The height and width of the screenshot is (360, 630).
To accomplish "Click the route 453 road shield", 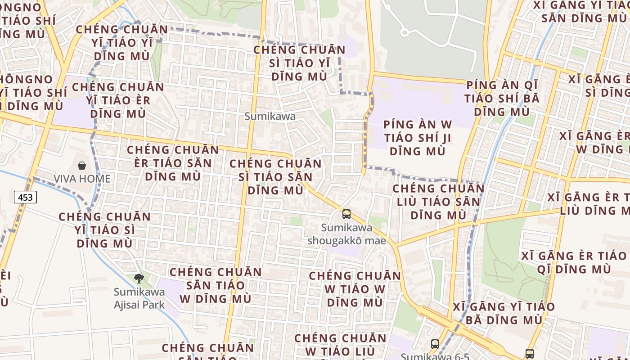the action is click(25, 197).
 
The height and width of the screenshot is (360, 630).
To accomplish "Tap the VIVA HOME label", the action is click(82, 179).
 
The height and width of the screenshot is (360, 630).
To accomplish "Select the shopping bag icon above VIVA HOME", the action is click(82, 166).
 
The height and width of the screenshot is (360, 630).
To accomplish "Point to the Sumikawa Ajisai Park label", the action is click(139, 298).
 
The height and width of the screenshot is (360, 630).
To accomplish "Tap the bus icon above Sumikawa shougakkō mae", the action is click(346, 214).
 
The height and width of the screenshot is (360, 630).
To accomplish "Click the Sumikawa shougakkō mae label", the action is click(346, 234).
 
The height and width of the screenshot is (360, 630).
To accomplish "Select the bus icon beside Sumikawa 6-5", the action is click(435, 344).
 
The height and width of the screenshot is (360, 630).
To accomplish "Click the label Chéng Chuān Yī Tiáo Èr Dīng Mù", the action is click(118, 100).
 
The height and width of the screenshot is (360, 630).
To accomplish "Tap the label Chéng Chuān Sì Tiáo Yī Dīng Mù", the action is click(299, 63).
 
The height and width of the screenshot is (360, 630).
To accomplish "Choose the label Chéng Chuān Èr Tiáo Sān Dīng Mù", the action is click(173, 163).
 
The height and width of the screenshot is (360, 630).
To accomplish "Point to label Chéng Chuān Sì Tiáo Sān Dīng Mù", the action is click(275, 177).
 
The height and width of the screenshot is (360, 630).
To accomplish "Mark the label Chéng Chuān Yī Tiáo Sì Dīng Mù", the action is click(105, 230).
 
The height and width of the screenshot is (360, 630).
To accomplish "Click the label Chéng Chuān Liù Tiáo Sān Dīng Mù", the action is click(439, 202).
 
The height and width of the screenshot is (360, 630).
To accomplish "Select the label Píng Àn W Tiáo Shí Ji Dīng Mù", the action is click(417, 138).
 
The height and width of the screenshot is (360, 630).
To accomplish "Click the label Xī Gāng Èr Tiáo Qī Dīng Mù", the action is click(574, 262).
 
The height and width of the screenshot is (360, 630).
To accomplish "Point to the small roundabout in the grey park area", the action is click(404, 32).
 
